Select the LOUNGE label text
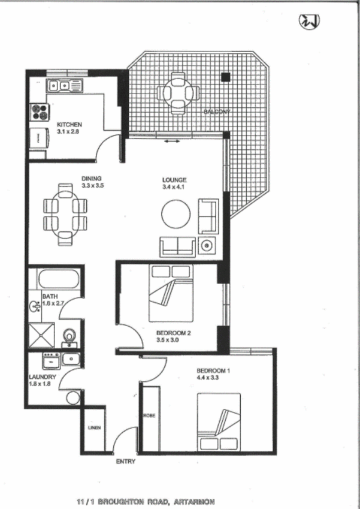174,179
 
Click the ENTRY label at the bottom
126,462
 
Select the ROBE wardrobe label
150,415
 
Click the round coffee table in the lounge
176,213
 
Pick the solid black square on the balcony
225,77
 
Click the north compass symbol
309,22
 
